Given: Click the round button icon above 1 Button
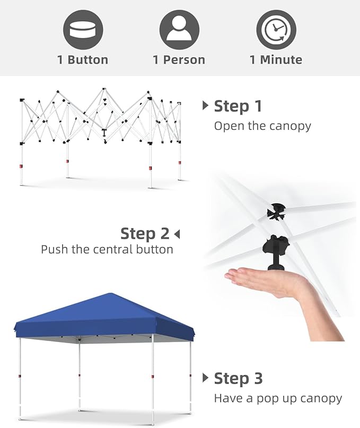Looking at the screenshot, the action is (x=83, y=30).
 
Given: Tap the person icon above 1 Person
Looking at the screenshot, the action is (x=179, y=30).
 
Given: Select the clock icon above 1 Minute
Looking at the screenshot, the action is (x=276, y=30).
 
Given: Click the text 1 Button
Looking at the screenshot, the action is (x=83, y=60).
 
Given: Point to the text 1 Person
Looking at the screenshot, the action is (x=179, y=60).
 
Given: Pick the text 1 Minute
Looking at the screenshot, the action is (x=276, y=60).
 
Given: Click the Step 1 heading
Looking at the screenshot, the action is (x=238, y=106).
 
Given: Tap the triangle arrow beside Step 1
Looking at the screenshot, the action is (x=206, y=106).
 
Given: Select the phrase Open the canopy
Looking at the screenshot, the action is (x=262, y=126).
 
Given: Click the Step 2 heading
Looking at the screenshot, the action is (x=145, y=234).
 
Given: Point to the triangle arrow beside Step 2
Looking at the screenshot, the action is (x=177, y=234).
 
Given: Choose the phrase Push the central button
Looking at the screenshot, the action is (x=107, y=249).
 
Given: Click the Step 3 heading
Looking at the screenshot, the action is (x=238, y=378).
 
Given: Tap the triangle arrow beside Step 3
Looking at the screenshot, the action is (x=206, y=378).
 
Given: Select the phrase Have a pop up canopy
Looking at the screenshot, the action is (x=278, y=398).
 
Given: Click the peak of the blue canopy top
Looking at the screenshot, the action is (x=110, y=293).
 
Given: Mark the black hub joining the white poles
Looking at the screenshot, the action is (x=276, y=212).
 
